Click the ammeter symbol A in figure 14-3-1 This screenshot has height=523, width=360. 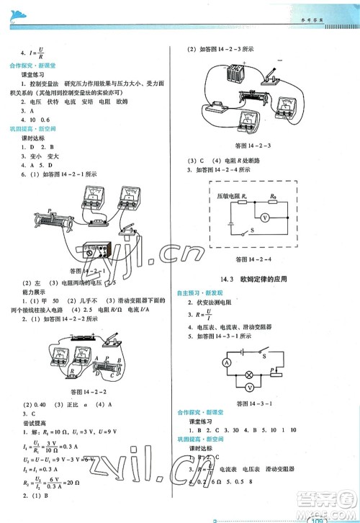[226, 361]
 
